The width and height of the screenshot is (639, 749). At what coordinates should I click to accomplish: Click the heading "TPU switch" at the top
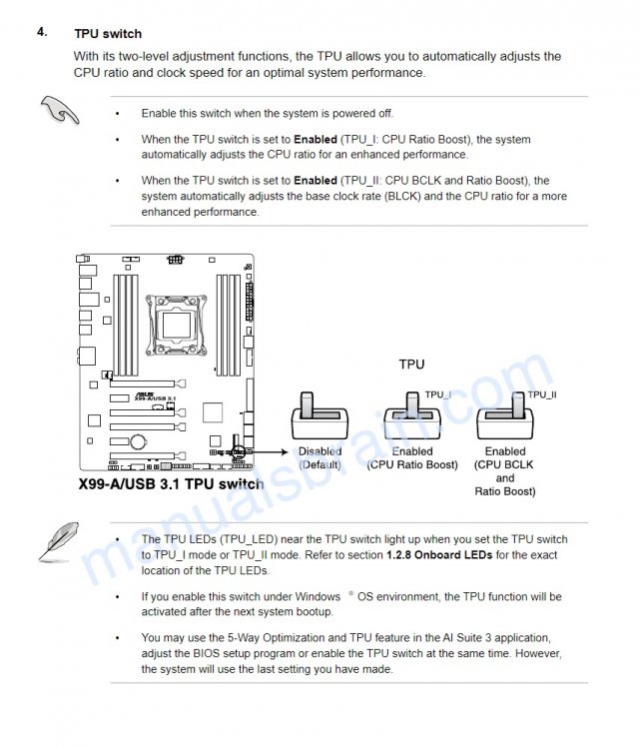click(x=108, y=34)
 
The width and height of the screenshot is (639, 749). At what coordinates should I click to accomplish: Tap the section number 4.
click(x=42, y=32)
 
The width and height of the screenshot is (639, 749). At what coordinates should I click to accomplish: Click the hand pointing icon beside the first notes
click(x=60, y=111)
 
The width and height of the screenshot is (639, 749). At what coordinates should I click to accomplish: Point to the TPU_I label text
click(x=437, y=395)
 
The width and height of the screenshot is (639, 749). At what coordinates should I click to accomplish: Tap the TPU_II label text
click(x=542, y=395)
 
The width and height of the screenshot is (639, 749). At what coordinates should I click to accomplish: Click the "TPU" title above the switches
click(x=411, y=365)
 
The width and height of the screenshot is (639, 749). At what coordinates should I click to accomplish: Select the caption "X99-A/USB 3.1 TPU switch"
click(x=171, y=484)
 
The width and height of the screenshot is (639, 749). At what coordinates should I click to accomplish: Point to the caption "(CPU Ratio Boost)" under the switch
click(x=411, y=465)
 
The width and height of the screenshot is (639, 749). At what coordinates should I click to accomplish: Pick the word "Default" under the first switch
click(x=319, y=465)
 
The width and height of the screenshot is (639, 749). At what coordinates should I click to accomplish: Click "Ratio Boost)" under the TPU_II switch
click(x=505, y=491)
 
